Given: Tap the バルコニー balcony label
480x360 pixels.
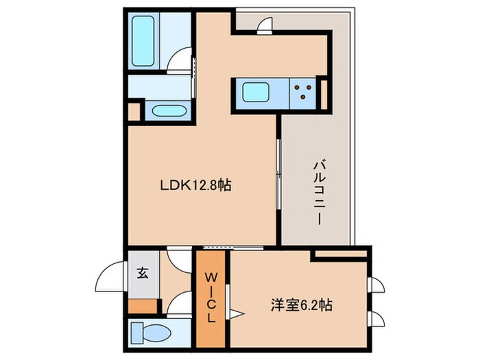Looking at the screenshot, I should [319, 193].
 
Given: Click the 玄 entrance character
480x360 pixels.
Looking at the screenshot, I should [142, 273].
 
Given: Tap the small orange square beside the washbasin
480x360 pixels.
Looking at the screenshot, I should [134, 110].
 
